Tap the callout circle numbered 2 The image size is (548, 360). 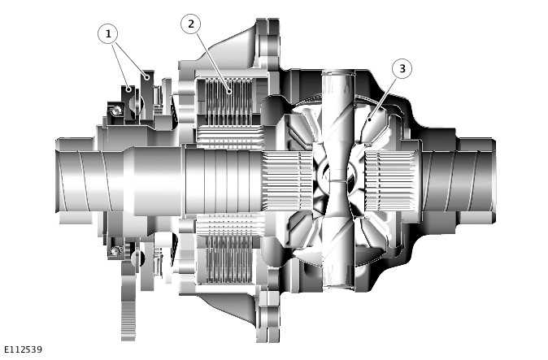(x=191, y=24)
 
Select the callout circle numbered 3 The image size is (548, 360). (x=401, y=69)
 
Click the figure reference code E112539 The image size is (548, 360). (x=23, y=349)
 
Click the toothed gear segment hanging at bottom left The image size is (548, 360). (x=128, y=312)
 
